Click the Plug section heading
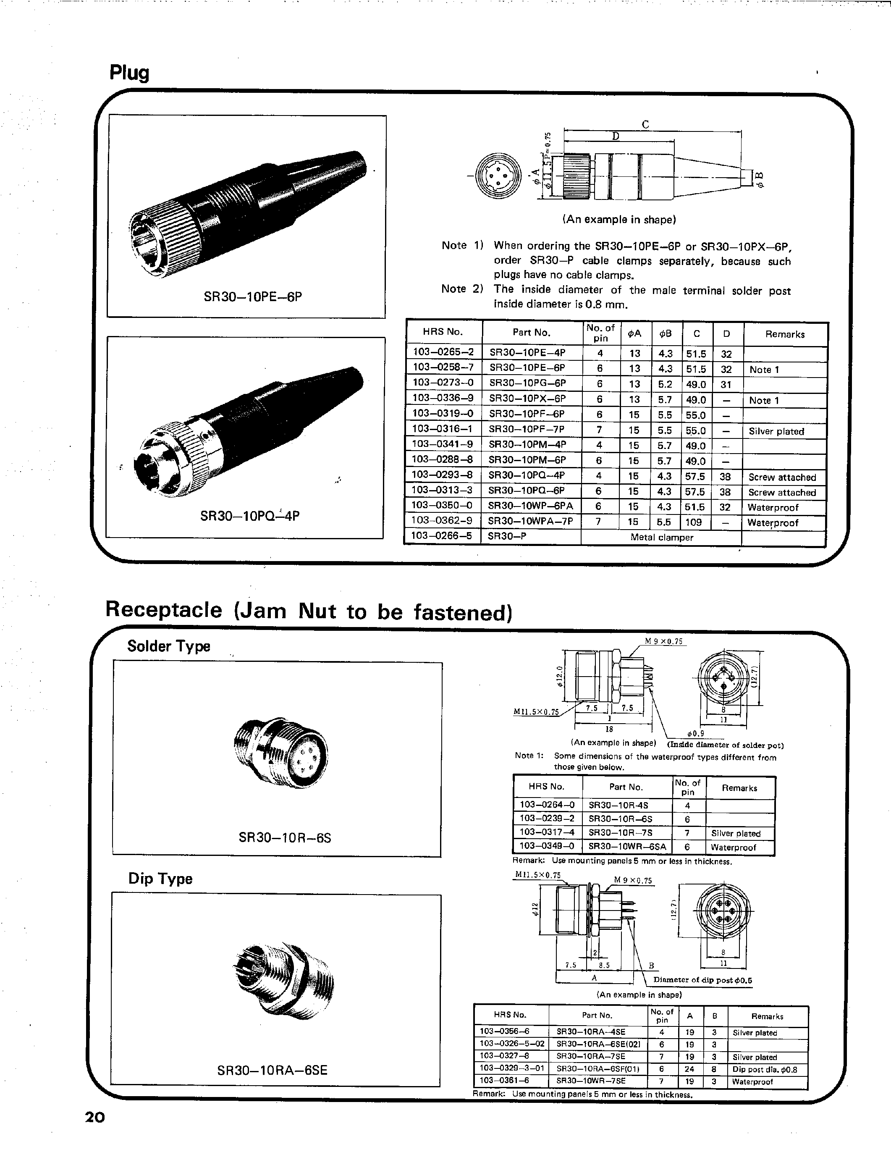coord(129,73)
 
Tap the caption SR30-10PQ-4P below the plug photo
coord(250,515)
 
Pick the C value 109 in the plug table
coord(693,522)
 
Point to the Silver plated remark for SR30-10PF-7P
coord(776,431)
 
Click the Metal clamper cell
coord(661,537)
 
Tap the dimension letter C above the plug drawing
coord(645,124)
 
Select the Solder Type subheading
coord(169,646)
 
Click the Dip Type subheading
coord(160,879)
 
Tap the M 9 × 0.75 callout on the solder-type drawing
coord(664,641)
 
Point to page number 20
coord(95,1117)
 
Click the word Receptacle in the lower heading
coord(164,610)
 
